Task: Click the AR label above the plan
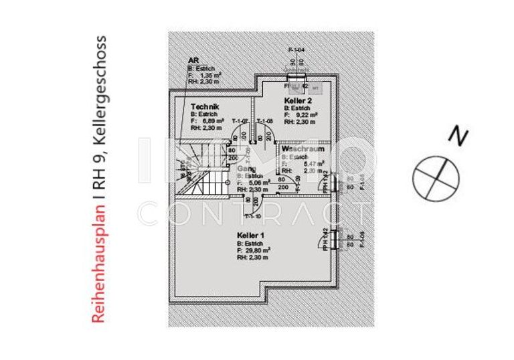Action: pyautogui.click(x=193, y=61)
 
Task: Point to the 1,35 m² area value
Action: pyautogui.click(x=210, y=76)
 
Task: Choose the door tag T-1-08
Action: pyautogui.click(x=266, y=121)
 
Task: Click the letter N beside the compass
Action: pyautogui.click(x=458, y=136)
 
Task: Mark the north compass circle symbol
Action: pyautogui.click(x=436, y=178)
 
